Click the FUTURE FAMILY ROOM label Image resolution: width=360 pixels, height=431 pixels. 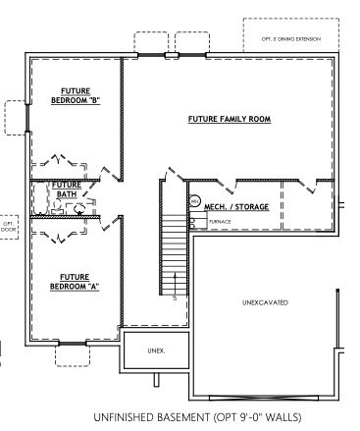[229, 120]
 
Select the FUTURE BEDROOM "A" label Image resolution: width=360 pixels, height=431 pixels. [75, 281]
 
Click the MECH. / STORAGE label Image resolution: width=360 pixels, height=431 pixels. [235, 207]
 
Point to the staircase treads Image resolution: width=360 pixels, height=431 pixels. [173, 250]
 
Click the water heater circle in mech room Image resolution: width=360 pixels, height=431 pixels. [194, 203]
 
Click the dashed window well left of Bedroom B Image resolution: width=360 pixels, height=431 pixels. [15, 118]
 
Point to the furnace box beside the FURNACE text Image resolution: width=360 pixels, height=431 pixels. [197, 223]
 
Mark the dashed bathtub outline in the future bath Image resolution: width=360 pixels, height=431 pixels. [42, 200]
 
